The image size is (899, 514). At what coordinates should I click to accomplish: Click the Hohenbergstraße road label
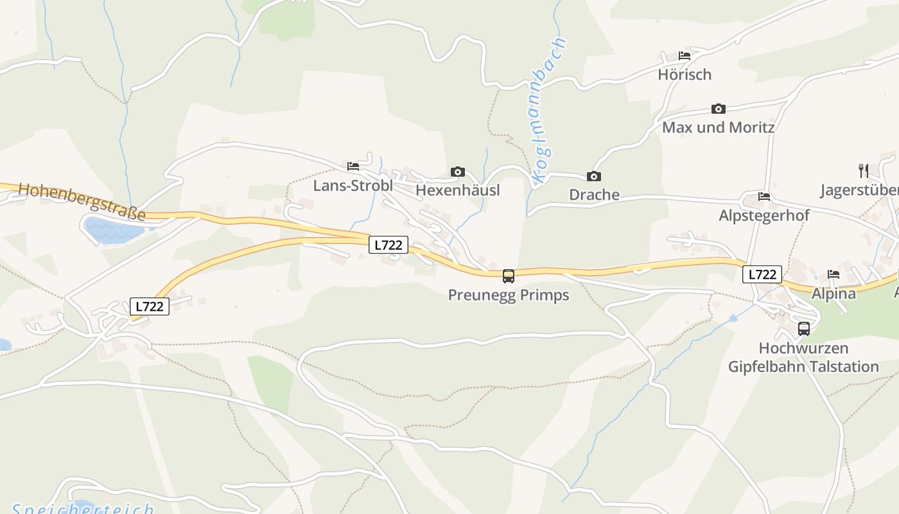[x=82, y=201]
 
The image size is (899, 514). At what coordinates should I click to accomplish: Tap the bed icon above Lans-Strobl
[x=353, y=166]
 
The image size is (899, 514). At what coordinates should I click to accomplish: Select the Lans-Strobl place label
[x=353, y=186]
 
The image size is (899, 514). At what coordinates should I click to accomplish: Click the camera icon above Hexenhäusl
[x=457, y=172]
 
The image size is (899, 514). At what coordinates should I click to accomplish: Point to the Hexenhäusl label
[x=457, y=190]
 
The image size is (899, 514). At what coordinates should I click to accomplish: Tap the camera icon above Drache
[x=594, y=176]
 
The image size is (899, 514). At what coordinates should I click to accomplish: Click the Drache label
[x=594, y=195]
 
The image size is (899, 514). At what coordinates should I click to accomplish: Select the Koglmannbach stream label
[x=550, y=111]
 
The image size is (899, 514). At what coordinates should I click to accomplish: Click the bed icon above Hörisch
[x=685, y=56]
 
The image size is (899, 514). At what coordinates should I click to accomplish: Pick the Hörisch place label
[x=685, y=75]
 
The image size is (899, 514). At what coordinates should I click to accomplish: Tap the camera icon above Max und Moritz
[x=718, y=109]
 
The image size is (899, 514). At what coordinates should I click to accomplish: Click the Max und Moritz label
[x=718, y=127]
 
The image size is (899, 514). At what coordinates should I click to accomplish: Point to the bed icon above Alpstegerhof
[x=764, y=197]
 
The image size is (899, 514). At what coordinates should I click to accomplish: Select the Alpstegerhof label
[x=764, y=215]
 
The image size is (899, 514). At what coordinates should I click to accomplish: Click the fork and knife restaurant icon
[x=864, y=171]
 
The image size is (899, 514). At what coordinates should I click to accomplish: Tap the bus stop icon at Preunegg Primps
[x=509, y=276]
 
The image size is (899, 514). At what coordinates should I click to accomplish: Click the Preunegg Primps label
[x=509, y=295]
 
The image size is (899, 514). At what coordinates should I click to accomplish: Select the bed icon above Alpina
[x=834, y=274]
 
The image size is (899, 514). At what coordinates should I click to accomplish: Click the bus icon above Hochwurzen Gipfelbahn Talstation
[x=803, y=329]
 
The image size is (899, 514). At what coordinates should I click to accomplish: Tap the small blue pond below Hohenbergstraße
[x=114, y=229]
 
